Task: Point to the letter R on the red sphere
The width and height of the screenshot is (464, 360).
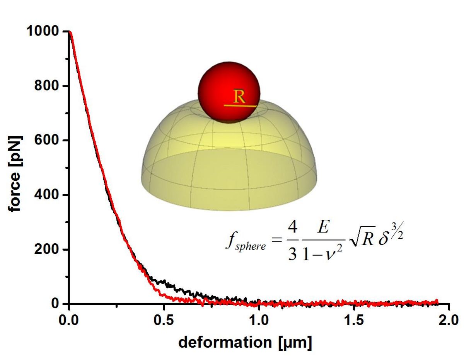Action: click(x=240, y=97)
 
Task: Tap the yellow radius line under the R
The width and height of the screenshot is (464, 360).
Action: click(x=240, y=105)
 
